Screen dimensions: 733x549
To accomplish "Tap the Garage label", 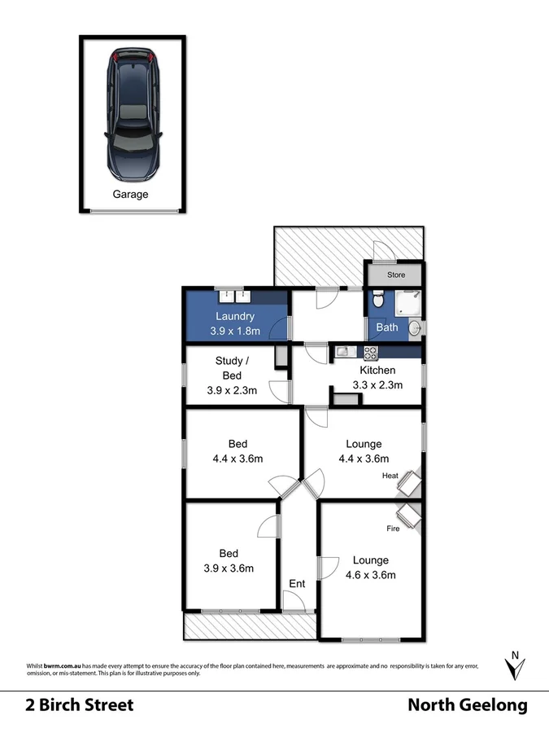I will (x=130, y=194).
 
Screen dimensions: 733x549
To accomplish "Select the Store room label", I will (x=396, y=275).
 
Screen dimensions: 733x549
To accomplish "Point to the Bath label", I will (x=387, y=327).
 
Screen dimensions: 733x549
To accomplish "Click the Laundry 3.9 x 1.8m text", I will (x=235, y=323).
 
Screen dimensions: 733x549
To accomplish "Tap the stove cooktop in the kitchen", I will (x=371, y=353).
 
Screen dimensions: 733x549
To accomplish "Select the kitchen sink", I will (x=343, y=353).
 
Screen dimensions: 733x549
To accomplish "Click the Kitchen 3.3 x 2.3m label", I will (x=377, y=378).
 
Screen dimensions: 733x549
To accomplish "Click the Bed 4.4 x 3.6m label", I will (x=237, y=451).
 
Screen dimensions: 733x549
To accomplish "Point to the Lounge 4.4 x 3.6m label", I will (x=364, y=451).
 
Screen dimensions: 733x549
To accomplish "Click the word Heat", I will (x=390, y=476).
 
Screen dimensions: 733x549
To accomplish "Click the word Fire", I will (x=392, y=529).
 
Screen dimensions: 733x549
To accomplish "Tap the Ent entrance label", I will (x=297, y=583).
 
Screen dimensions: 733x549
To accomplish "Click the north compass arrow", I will (x=514, y=665).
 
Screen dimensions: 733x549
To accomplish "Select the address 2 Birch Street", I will (x=78, y=704).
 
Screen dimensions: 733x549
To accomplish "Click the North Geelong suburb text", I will (x=467, y=704).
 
